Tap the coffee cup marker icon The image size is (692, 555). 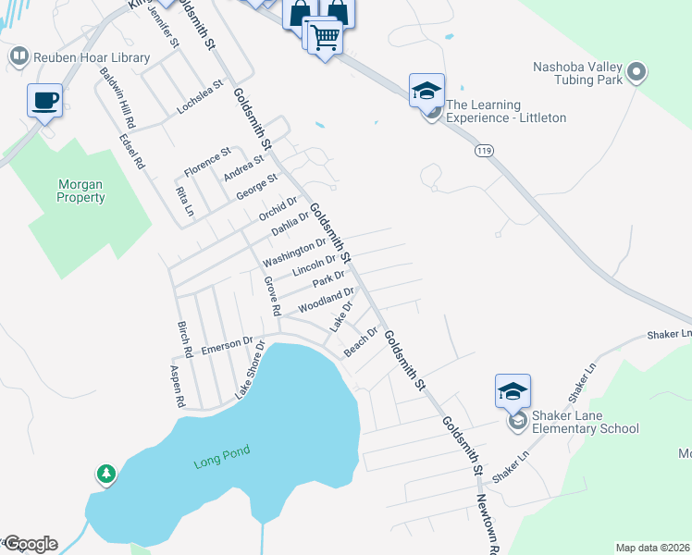click(x=44, y=99)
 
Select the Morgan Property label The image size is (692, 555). click(x=80, y=191)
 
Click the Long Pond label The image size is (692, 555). click(x=216, y=462)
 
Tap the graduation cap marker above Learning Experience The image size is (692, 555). click(x=426, y=91)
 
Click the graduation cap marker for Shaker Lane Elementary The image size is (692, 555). click(x=513, y=391)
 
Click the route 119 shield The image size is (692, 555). click(x=481, y=149)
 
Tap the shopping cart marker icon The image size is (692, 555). click(x=325, y=38)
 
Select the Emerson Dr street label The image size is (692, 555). click(x=227, y=345)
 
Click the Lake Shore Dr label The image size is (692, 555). click(x=249, y=371)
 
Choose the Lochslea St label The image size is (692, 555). click(x=201, y=96)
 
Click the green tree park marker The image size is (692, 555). click(x=106, y=475)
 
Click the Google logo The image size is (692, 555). click(x=31, y=544)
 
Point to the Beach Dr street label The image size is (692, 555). click(x=362, y=341)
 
